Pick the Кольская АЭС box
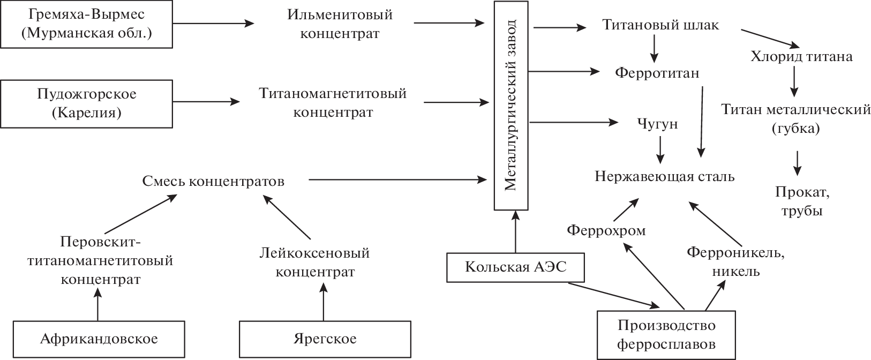tap(515, 267)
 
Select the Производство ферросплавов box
tap(666, 334)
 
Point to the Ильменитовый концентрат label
tap(340, 24)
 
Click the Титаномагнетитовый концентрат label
tap(333, 103)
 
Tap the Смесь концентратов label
tap(213, 181)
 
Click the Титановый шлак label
tap(660, 26)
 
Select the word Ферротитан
tap(657, 72)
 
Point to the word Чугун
tap(658, 124)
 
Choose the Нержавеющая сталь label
tap(665, 176)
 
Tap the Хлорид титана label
tap(801, 56)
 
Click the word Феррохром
tap(606, 231)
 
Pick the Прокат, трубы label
tap(798, 201)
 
